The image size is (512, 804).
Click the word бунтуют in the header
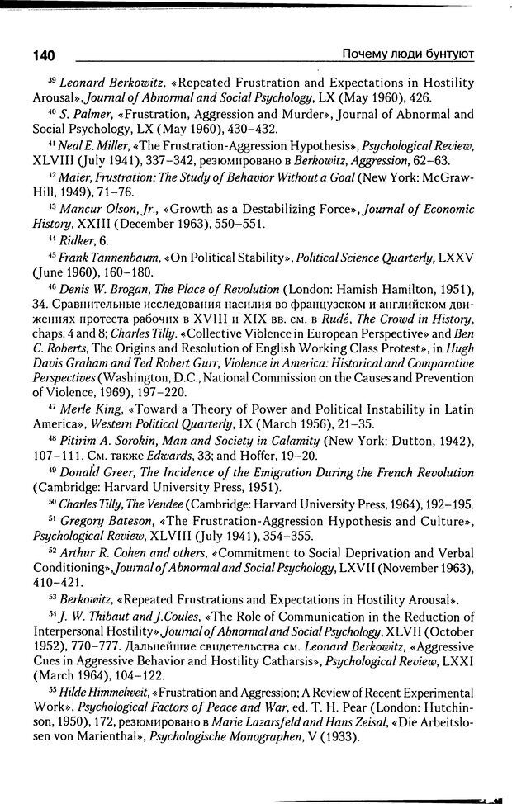449,54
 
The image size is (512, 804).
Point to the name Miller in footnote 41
101,145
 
